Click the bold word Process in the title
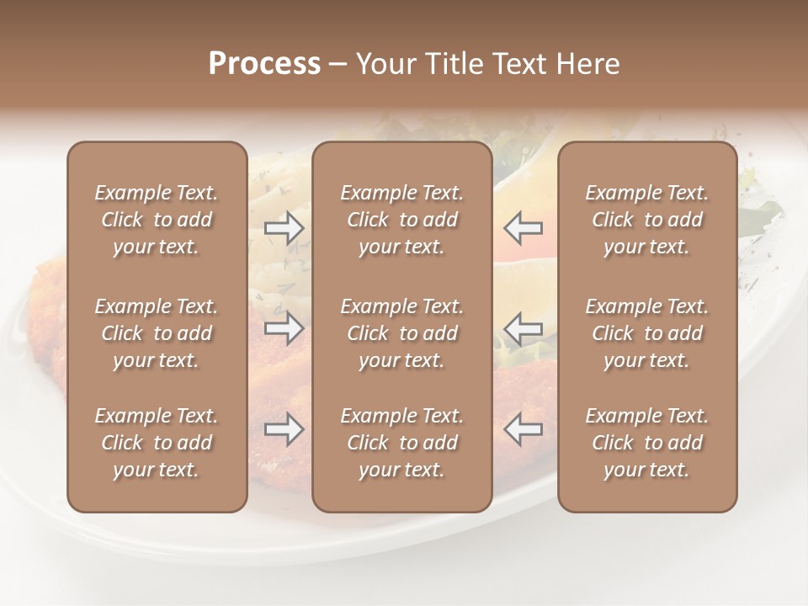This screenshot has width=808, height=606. [264, 64]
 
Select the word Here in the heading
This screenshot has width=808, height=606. [588, 64]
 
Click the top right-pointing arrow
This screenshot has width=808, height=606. [284, 228]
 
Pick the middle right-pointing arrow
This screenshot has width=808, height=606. [284, 328]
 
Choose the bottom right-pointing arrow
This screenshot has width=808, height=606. [284, 429]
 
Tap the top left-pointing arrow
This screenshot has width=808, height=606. [524, 228]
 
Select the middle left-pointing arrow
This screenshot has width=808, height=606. [524, 328]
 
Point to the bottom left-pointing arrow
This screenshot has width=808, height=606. [524, 429]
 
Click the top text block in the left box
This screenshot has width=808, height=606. [157, 220]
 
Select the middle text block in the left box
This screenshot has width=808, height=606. [157, 333]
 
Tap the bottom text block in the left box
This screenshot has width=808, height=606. [157, 443]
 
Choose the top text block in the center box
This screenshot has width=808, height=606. [401, 220]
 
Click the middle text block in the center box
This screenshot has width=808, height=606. [401, 333]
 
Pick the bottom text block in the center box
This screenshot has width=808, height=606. [401, 443]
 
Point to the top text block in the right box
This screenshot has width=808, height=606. [646, 220]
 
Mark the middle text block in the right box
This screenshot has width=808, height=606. [646, 333]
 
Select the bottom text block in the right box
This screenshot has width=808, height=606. [646, 443]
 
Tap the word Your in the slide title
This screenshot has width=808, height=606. [384, 64]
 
